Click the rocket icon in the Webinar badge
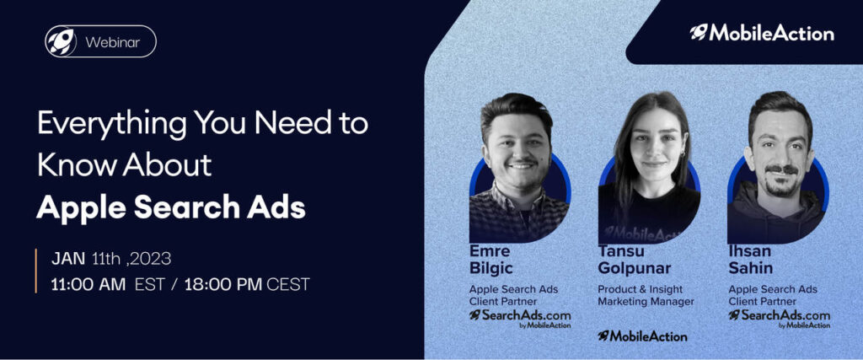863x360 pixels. tap(61, 41)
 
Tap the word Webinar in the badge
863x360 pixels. tap(112, 42)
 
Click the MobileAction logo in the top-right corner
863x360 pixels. tap(762, 33)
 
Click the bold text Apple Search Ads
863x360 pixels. tap(170, 207)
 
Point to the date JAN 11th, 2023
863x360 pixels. tap(111, 259)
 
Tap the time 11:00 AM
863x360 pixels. tap(88, 285)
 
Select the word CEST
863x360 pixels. tap(288, 285)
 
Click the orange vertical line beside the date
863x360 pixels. tap(36, 271)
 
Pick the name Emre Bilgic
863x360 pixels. tap(490, 260)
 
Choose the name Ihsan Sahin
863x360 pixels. tap(751, 260)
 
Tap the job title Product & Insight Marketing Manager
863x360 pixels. tap(646, 295)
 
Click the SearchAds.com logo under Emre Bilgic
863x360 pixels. tap(520, 319)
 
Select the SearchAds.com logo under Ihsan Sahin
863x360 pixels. tap(780, 319)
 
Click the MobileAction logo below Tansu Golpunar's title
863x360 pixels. tap(642, 336)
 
